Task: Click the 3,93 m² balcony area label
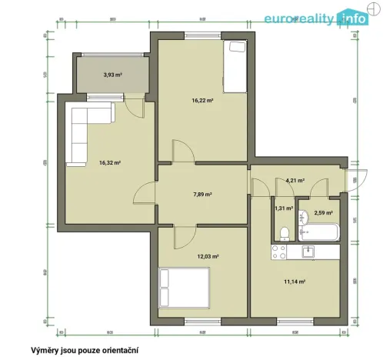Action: tap(113, 75)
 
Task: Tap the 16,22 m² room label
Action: tap(202, 100)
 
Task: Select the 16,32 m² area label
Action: tap(110, 162)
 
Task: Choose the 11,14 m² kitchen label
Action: tap(295, 282)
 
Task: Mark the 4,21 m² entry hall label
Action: tap(295, 181)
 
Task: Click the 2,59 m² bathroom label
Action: tap(323, 213)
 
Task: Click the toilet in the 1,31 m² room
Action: tap(284, 232)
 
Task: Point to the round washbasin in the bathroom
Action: tap(303, 215)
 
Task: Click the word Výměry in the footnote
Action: tap(45, 348)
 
